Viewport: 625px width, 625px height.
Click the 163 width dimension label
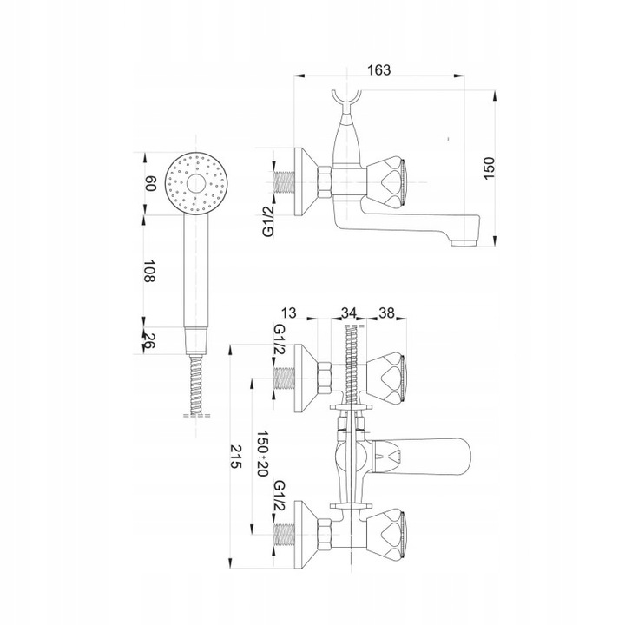point(378,69)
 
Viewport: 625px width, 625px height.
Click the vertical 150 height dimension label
point(489,168)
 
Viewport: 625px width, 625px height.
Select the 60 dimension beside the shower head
point(150,184)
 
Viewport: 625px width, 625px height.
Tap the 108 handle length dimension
point(149,271)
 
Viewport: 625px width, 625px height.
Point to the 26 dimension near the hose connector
point(148,341)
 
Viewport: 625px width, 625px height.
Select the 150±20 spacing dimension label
point(262,453)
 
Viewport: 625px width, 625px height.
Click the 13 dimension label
point(289,312)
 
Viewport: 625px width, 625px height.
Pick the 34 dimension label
point(349,312)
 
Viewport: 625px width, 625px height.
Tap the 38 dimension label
point(385,312)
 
